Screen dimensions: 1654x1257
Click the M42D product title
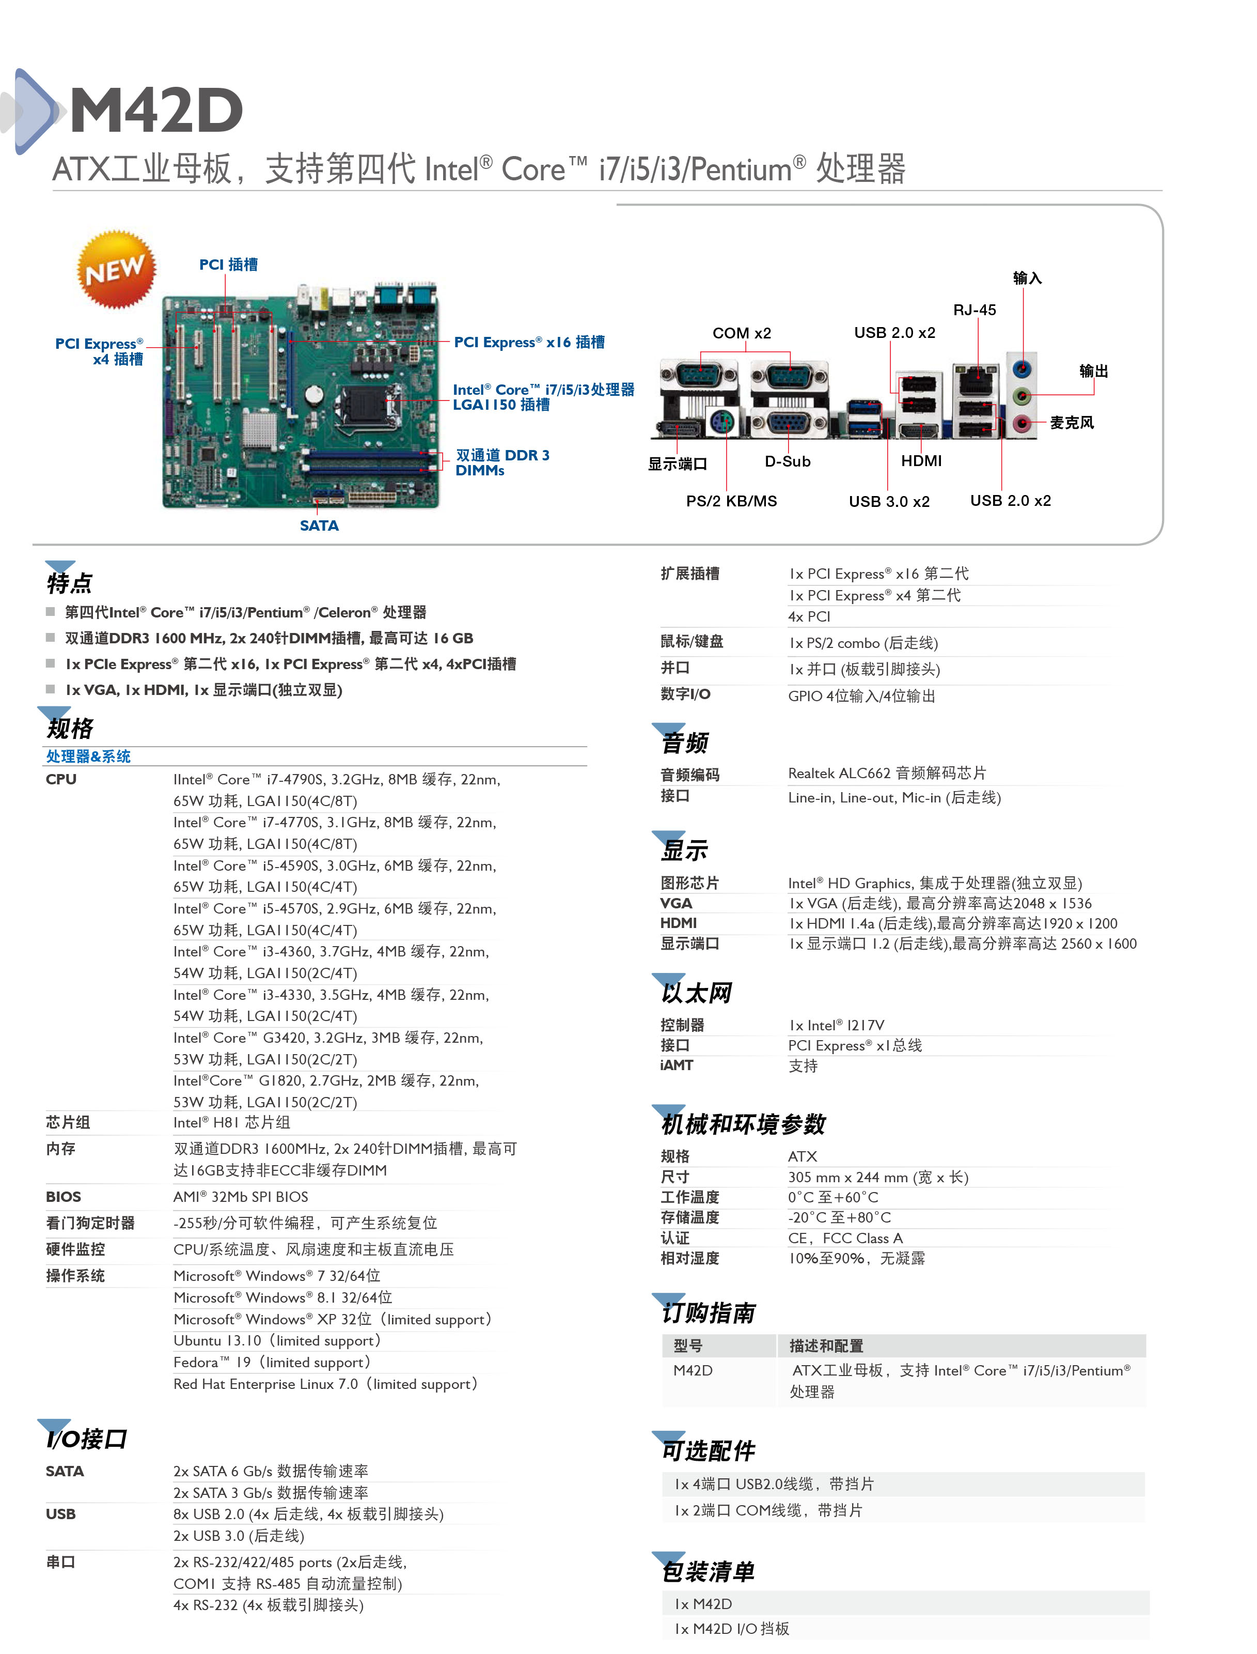click(x=156, y=110)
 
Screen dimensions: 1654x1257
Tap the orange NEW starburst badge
click(x=116, y=269)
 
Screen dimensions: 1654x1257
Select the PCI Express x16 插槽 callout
click(x=529, y=342)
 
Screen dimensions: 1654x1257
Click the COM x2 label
click(x=742, y=333)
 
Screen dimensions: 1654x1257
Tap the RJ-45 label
click(x=974, y=310)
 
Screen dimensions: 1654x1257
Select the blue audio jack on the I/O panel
click(x=1022, y=369)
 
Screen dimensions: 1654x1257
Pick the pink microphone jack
click(x=1022, y=424)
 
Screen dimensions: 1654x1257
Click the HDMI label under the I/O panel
click(x=921, y=461)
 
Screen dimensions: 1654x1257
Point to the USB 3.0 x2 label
click(x=889, y=501)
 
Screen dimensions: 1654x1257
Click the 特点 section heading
click(x=70, y=582)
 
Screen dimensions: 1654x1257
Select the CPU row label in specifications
click(x=61, y=779)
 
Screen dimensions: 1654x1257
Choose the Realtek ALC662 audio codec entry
click(x=887, y=773)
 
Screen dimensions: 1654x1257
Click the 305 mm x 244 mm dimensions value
click(x=877, y=1177)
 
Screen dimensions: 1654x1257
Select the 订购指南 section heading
click(x=708, y=1313)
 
